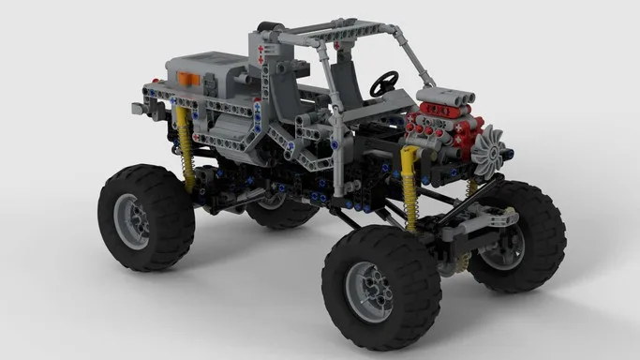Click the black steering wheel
[x=382, y=83]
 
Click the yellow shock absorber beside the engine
[x=409, y=187]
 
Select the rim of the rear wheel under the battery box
[x=131, y=221]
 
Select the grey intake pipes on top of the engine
[x=440, y=94]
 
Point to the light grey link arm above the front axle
[x=487, y=217]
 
